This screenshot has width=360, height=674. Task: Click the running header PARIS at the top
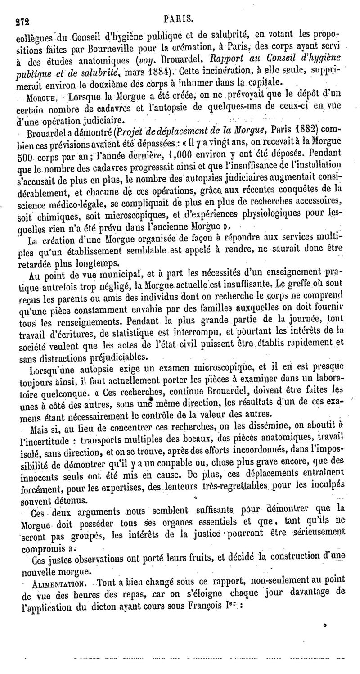tap(179, 19)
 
